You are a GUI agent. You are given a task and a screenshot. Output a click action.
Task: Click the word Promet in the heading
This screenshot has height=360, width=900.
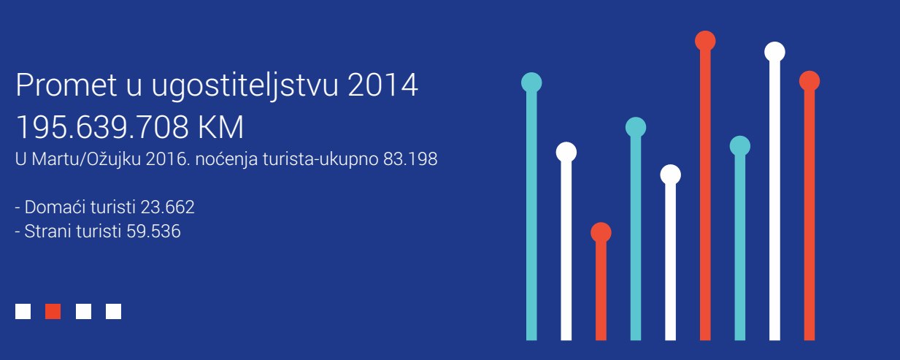coord(66,85)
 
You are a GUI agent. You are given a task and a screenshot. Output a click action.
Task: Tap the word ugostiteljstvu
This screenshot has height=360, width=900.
coord(245,87)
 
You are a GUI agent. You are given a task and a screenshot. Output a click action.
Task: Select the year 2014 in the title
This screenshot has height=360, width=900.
coord(383,85)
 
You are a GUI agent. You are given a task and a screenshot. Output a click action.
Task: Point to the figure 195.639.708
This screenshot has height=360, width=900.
coord(102,127)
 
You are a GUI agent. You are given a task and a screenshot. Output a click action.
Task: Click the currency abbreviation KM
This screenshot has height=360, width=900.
coord(220,127)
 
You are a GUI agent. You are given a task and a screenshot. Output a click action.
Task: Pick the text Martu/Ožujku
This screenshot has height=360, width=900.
coord(86,159)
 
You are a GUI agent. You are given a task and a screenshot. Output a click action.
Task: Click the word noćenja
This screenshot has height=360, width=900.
coord(226,160)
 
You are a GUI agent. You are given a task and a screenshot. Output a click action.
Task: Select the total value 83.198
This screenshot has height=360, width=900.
coord(410,159)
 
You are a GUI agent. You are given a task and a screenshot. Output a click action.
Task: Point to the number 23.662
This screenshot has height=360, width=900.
coord(168,207)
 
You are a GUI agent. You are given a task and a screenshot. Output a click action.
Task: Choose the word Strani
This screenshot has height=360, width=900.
coord(47,231)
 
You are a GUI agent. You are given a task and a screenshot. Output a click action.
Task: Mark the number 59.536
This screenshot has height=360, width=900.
coord(153,231)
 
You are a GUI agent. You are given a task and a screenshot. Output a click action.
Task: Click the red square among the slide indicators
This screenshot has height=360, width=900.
coord(53,311)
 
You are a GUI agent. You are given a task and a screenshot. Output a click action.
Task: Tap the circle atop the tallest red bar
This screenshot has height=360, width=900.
coord(705,41)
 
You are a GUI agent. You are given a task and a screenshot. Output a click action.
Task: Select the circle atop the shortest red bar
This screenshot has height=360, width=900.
coord(601,233)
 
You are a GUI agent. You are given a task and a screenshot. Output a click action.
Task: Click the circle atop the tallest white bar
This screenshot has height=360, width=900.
coord(774,52)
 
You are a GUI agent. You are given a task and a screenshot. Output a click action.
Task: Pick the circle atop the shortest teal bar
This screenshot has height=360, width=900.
coord(740,146)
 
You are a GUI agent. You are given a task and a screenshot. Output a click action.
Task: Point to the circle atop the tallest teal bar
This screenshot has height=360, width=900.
coord(531,83)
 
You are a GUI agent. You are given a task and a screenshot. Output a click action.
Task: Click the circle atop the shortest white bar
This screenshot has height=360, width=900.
coord(671,175)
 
